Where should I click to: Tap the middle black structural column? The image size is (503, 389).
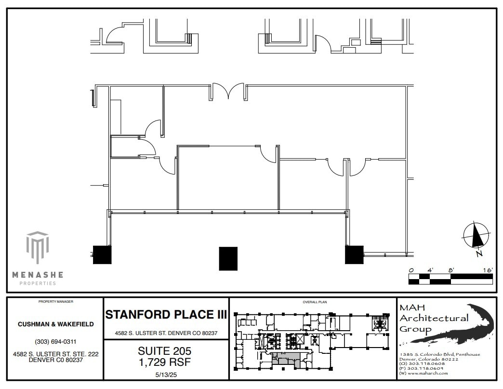tap(228, 258)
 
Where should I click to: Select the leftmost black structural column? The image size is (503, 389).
tap(102, 255)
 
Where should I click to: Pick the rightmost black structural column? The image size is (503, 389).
tap(354, 255)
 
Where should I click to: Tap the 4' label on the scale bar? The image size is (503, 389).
tap(430, 270)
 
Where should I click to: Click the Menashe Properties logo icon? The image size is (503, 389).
tap(38, 248)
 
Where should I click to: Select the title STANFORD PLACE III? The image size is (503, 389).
tap(166, 315)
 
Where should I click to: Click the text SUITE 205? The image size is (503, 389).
tap(165, 351)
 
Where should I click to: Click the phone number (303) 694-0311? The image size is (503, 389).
tap(56, 342)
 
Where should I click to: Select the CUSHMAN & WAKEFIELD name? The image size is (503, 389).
tap(56, 324)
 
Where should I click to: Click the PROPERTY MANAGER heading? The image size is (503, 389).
tap(56, 302)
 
